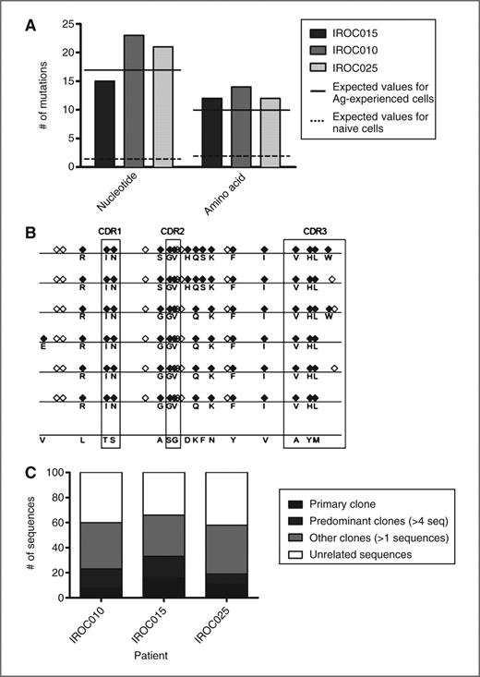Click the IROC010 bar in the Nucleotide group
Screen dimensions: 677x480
[x=133, y=102]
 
